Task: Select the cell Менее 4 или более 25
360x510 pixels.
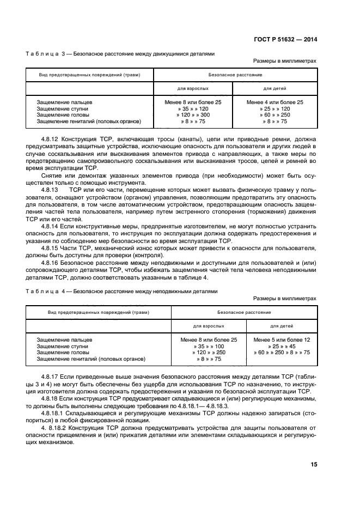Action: point(274,102)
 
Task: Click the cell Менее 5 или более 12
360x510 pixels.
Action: point(282,339)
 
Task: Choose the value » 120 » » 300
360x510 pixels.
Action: point(193,115)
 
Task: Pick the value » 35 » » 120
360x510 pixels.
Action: point(193,108)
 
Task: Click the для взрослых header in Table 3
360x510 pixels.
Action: point(193,88)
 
